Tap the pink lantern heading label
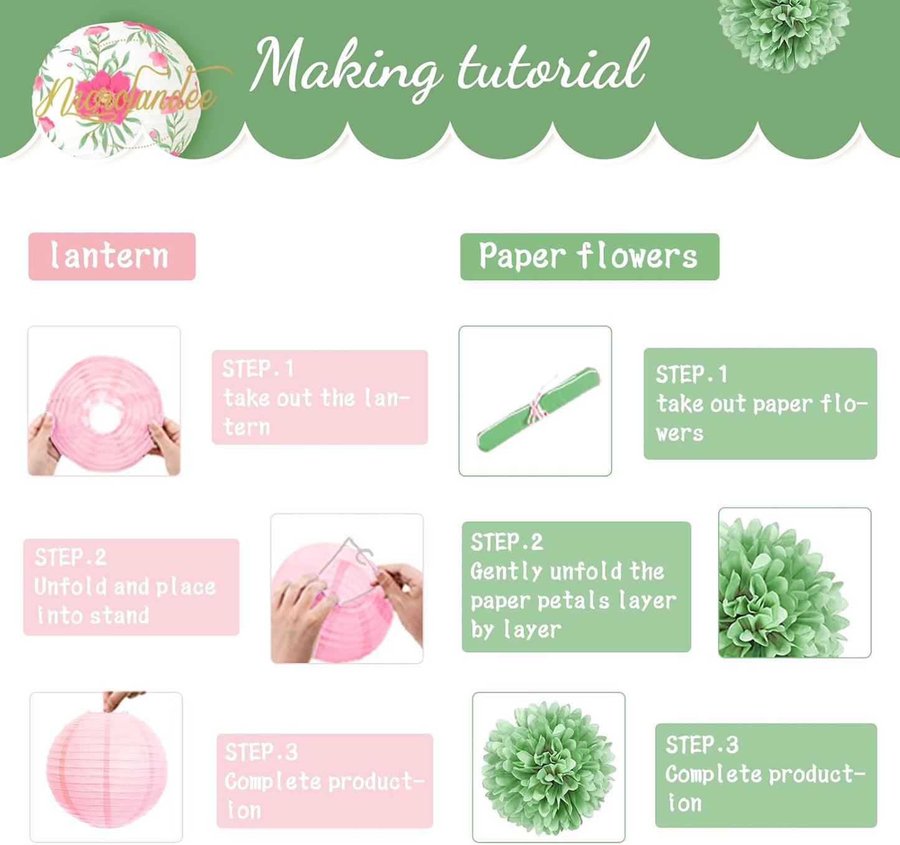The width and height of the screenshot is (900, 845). point(112,256)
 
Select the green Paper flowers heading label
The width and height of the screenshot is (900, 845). point(589,256)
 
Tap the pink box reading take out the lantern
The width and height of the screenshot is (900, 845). point(320,397)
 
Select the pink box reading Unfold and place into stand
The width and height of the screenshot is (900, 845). point(131,586)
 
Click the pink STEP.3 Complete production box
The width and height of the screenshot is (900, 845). point(324,780)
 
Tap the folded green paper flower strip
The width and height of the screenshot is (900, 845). point(538,408)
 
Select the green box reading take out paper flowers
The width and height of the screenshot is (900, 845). point(760,403)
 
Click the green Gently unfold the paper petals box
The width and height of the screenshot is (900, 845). point(576,586)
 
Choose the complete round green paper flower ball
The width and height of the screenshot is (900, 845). point(548,766)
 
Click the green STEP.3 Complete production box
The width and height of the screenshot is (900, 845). point(765,775)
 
